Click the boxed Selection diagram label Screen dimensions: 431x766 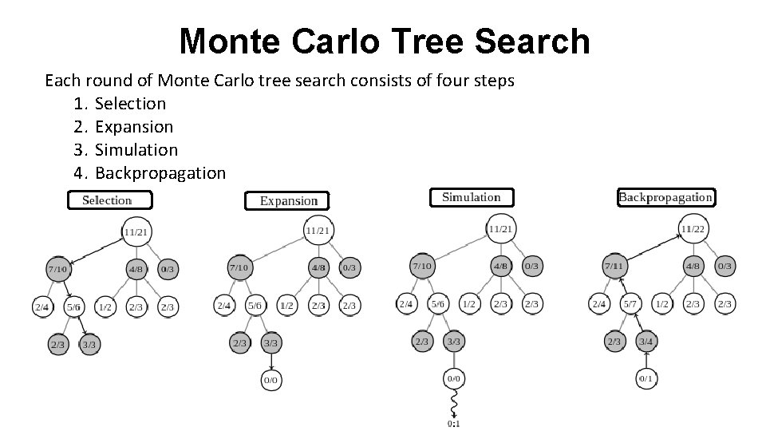[x=106, y=200]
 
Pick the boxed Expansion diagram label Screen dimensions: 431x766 [x=288, y=200]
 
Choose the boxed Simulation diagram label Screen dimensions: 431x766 [x=471, y=197]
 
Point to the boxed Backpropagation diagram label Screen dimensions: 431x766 [x=665, y=197]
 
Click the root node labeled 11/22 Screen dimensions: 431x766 [x=691, y=229]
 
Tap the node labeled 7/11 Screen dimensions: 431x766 [x=614, y=265]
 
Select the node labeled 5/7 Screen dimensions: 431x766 [x=630, y=304]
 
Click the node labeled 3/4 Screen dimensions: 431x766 [x=646, y=342]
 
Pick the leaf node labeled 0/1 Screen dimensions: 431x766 [x=646, y=379]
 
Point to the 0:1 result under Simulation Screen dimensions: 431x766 [x=453, y=424]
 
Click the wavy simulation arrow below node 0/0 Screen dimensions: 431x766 [x=453, y=401]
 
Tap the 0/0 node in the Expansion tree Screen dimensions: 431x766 [x=271, y=381]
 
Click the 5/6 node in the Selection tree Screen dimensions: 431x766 [x=73, y=306]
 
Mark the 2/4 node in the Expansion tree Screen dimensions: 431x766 [x=224, y=306]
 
